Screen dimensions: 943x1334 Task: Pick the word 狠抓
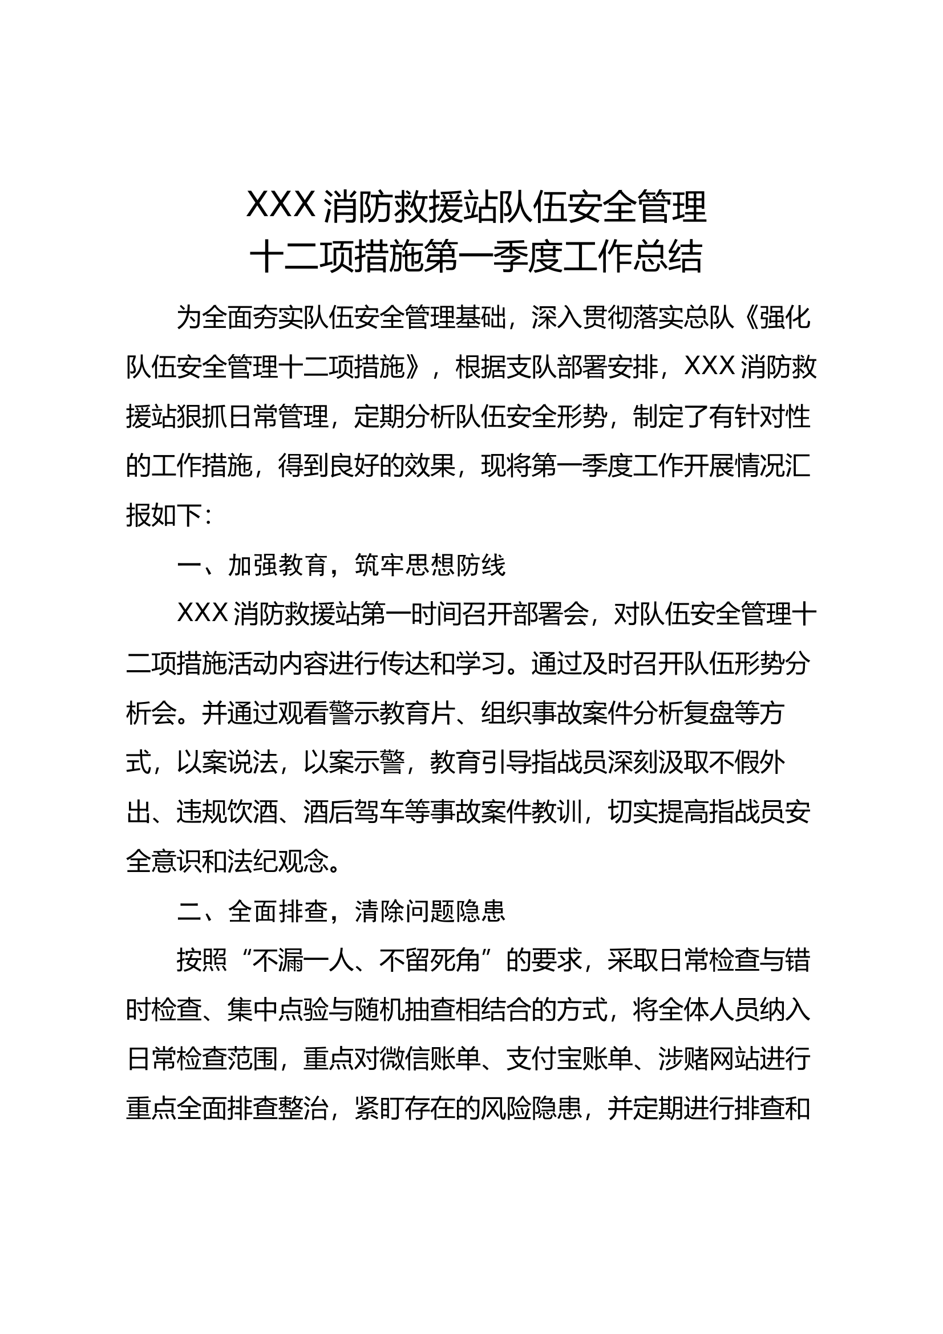pos(202,417)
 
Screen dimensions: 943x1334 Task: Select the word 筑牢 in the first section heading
pos(379,565)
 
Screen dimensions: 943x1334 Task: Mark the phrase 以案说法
pos(227,763)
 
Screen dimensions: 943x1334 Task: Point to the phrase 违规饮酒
pos(227,812)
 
